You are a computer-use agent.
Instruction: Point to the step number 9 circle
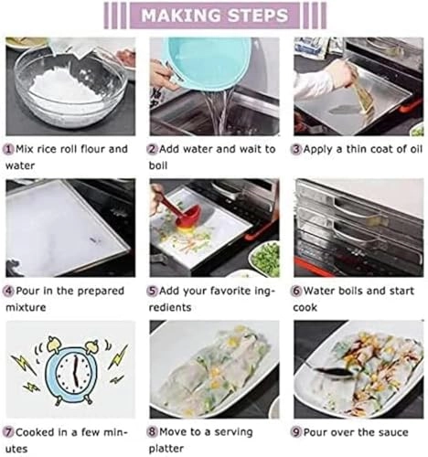[x=299, y=430]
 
